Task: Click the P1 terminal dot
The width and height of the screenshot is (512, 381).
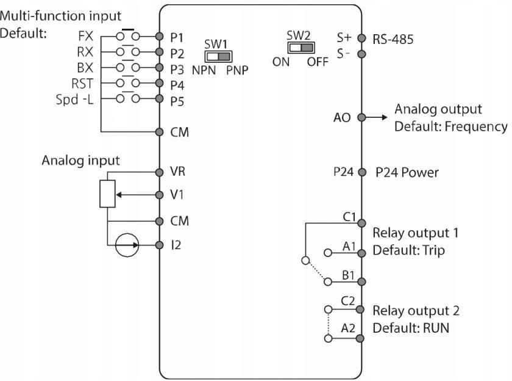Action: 159,36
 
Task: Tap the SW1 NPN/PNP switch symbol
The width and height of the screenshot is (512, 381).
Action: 218,57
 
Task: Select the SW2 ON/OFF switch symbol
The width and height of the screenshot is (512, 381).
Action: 301,48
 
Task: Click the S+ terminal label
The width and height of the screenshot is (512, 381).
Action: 344,38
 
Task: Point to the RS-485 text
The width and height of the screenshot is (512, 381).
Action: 393,39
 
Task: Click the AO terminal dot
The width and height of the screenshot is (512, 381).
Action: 361,117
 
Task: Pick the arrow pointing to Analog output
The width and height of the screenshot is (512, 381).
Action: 376,117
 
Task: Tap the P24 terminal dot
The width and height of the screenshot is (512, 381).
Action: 362,172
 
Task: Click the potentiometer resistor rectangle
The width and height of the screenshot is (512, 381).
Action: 107,194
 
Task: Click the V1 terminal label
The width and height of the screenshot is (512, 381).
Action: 177,195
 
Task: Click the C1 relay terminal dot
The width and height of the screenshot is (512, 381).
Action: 361,223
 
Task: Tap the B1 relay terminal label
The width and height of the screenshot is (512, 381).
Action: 348,275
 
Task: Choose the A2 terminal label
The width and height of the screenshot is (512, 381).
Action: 348,328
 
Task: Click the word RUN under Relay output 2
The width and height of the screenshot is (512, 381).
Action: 436,328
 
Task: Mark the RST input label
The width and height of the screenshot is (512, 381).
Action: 82,84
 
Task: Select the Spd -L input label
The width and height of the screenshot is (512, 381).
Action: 75,100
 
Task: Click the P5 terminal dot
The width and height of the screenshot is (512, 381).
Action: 159,98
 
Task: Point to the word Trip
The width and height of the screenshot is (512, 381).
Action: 433,251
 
